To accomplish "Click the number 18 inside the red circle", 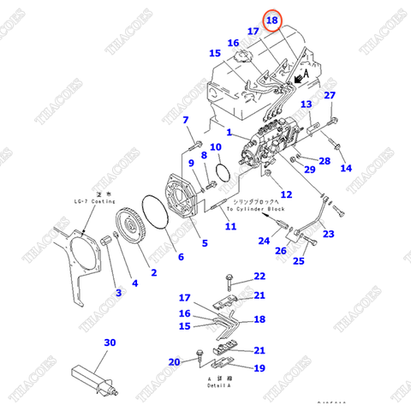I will click(272, 19).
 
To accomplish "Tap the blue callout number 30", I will click(110, 343).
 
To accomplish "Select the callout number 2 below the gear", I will click(153, 273).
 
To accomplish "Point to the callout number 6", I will click(180, 257).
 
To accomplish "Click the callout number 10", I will click(217, 147).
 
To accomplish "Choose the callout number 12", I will click(286, 195).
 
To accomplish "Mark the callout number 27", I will click(330, 95).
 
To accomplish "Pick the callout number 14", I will click(346, 169).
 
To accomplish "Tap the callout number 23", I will click(329, 233).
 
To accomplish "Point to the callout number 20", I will click(175, 362).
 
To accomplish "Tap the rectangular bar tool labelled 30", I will click(91, 378).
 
